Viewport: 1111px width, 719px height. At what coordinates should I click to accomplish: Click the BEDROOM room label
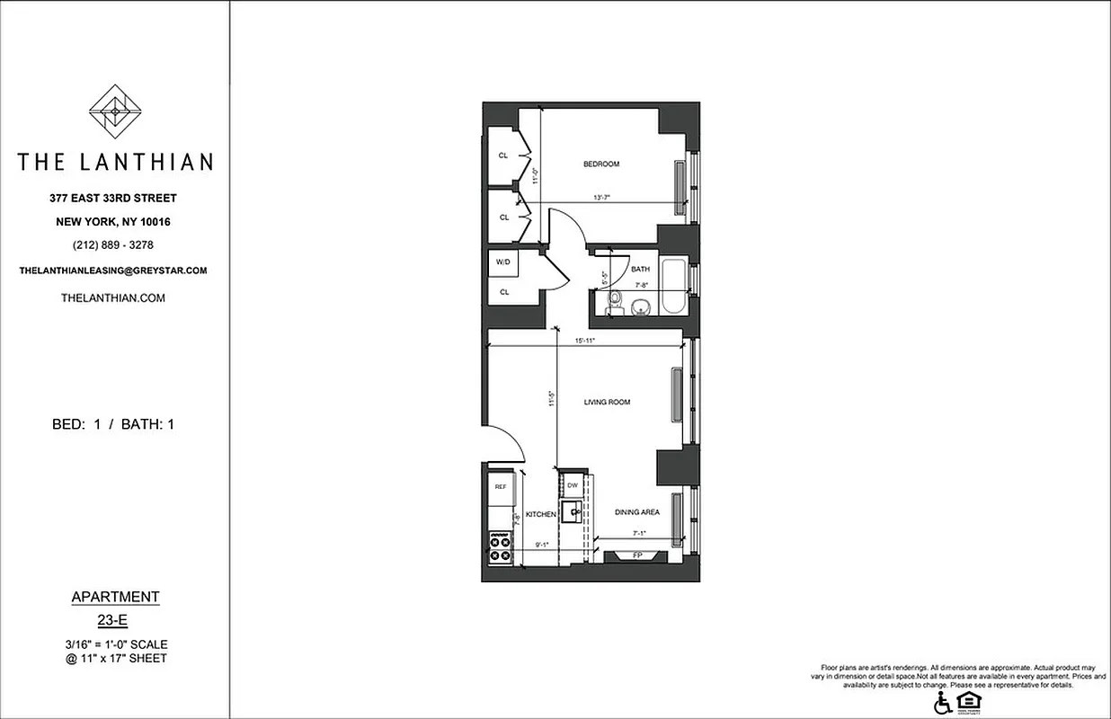click(601, 164)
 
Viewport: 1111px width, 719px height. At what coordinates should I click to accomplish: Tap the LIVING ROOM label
click(607, 403)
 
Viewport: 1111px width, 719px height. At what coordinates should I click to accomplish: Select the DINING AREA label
click(637, 512)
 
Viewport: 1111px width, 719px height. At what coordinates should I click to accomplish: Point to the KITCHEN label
click(541, 514)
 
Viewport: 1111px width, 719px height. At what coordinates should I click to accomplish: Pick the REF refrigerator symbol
click(501, 487)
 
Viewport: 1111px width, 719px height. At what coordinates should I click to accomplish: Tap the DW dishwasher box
click(572, 486)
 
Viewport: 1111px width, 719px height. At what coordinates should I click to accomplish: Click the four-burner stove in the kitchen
click(501, 547)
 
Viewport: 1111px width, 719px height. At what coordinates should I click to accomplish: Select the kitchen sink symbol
click(571, 514)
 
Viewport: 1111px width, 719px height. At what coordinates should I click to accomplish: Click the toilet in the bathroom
click(615, 302)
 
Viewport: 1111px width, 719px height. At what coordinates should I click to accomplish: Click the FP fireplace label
click(637, 555)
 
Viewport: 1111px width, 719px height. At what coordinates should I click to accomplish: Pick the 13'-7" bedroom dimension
click(603, 198)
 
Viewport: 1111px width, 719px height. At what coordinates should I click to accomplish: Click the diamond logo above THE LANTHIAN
click(115, 111)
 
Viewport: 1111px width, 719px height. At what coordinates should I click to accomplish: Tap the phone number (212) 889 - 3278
click(114, 245)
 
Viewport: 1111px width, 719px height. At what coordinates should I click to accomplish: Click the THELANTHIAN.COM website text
click(113, 298)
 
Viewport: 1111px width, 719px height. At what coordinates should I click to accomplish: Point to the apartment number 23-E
click(114, 619)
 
